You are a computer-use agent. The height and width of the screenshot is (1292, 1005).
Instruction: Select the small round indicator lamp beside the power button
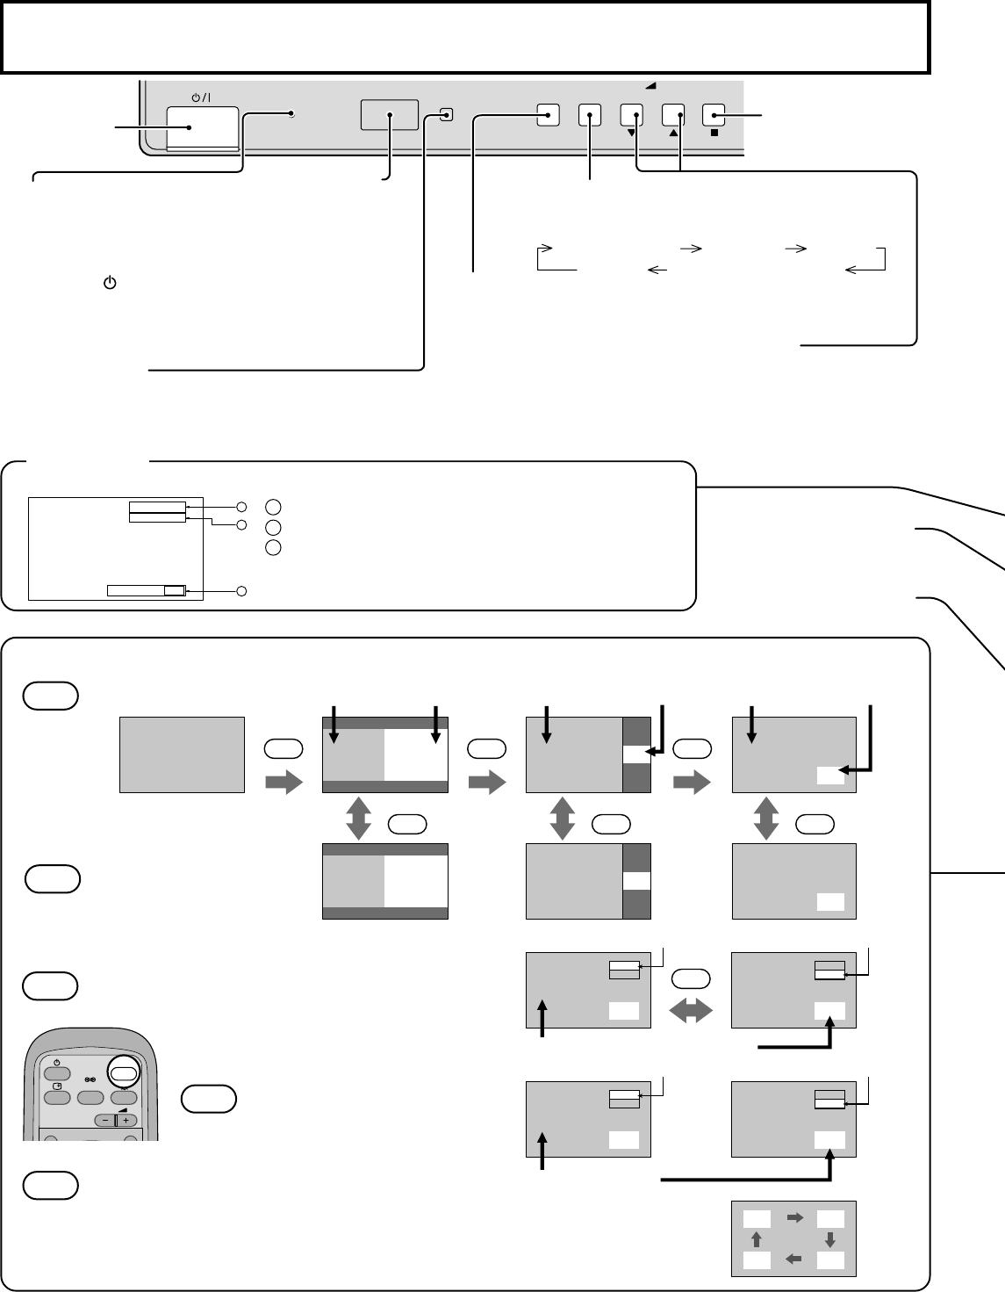pos(292,114)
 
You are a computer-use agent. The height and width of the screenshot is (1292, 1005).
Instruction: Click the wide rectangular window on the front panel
pos(389,115)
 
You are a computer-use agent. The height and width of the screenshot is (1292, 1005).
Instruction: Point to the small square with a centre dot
pos(447,114)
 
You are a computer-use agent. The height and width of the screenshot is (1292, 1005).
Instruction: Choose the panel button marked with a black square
pos(715,115)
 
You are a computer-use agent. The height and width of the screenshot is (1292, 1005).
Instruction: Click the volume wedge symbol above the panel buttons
pos(650,86)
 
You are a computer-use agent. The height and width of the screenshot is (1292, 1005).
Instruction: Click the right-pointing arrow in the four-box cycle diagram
pos(794,1217)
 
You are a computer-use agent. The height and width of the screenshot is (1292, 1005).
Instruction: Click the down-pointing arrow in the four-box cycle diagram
pos(830,1240)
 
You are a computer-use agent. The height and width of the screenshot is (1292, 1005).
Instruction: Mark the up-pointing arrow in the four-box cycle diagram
pos(757,1240)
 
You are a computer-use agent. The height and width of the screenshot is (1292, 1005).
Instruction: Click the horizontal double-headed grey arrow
pos(691,1013)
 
